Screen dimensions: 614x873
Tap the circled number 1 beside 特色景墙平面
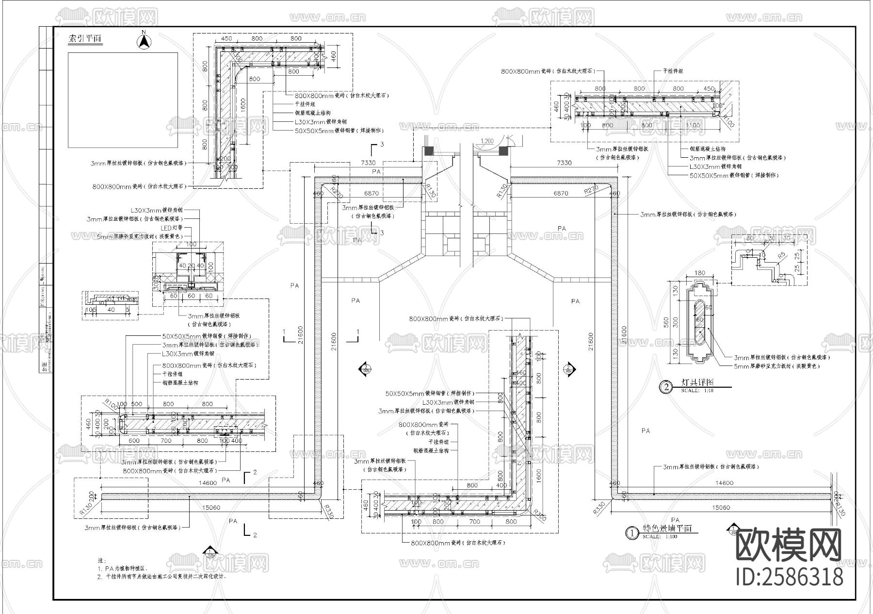(x=631, y=533)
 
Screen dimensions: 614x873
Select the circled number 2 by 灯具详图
(x=666, y=387)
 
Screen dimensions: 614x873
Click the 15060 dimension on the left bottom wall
(x=210, y=507)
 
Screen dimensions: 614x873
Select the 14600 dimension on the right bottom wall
(x=725, y=483)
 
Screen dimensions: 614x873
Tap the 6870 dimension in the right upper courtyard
(x=561, y=193)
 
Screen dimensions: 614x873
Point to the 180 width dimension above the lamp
(x=700, y=273)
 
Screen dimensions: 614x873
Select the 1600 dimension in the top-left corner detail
(x=243, y=104)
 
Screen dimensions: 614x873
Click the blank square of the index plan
(x=123, y=100)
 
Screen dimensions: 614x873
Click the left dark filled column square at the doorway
(x=428, y=151)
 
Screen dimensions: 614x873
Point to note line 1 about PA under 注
(x=124, y=568)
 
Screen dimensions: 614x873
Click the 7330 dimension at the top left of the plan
(x=368, y=163)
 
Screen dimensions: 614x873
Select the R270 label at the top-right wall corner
(x=590, y=191)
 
